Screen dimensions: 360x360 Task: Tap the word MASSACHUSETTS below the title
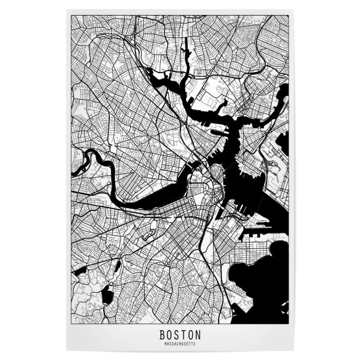pos(180,344)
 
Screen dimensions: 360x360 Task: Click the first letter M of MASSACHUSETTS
pos(164,344)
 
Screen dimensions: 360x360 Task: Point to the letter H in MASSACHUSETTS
pos(180,344)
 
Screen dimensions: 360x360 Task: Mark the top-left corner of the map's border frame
pos(71,16)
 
